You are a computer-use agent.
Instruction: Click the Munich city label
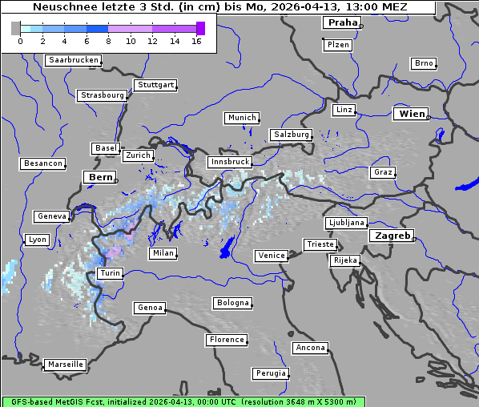[242, 118]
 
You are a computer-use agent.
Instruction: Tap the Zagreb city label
[392, 236]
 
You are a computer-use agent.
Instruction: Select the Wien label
[412, 114]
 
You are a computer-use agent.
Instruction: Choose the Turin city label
[110, 273]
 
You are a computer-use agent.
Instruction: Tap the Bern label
[100, 176]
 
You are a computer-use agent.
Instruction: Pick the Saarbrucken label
[74, 60]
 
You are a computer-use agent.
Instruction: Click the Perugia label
[270, 373]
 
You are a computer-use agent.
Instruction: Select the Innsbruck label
[229, 162]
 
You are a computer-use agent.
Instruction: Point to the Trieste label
[320, 244]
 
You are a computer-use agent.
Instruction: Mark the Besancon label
[43, 163]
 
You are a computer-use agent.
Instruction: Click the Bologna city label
[232, 303]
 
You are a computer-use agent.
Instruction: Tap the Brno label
[424, 63]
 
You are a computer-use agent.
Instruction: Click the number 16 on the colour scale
[196, 41]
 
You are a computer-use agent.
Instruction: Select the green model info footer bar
[183, 401]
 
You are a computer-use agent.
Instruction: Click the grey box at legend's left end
[15, 28]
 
